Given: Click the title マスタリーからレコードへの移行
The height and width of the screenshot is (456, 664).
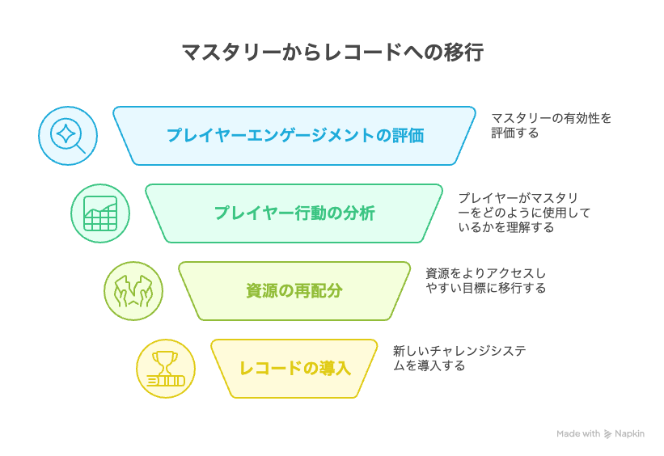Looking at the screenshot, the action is click(332, 53).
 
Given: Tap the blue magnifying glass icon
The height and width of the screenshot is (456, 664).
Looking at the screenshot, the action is click(68, 136).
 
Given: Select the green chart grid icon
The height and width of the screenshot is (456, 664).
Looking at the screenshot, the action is click(100, 213).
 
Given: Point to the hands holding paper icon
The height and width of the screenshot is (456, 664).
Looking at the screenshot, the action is click(133, 291).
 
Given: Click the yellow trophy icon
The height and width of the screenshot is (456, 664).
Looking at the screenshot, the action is click(166, 369).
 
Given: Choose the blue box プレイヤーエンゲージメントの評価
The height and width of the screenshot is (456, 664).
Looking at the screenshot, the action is click(294, 136).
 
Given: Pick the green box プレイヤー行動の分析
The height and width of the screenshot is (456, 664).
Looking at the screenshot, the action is click(294, 213).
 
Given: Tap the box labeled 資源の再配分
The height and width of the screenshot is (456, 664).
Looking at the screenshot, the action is click(294, 291).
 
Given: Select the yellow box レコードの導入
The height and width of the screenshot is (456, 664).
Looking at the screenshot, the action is click(294, 369).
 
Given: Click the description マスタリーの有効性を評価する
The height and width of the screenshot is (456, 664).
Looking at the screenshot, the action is click(551, 125).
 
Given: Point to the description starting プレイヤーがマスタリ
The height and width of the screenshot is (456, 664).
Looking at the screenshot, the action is click(524, 213).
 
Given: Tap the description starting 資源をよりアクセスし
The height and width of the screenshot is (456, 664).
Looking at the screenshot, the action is click(486, 281).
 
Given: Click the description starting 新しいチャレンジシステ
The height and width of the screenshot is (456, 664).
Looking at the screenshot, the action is click(459, 358).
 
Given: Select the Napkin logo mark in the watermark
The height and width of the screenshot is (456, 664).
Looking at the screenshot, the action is click(607, 434).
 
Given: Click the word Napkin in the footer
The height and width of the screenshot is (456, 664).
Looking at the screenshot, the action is click(629, 434).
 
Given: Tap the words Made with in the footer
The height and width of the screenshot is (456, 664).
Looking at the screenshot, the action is click(578, 433).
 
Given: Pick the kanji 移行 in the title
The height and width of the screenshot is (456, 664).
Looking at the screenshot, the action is click(463, 53).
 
